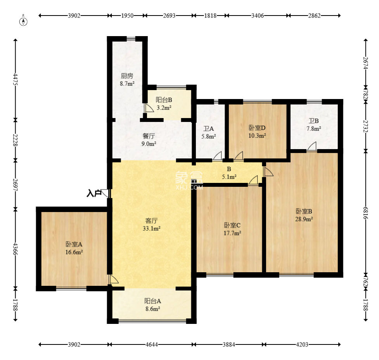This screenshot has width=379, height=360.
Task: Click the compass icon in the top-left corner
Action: click(x=23, y=21)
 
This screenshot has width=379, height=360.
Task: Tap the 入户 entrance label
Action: click(x=94, y=193)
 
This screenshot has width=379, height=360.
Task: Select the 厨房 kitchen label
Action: click(x=127, y=76)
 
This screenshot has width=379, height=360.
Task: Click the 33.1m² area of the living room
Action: click(x=152, y=228)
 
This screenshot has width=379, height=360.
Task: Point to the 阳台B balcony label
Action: click(x=164, y=100)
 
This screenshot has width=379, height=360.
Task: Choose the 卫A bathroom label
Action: click(x=208, y=129)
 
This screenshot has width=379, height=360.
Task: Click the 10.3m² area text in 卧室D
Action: click(x=257, y=136)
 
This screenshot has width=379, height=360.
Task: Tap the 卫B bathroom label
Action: click(x=313, y=121)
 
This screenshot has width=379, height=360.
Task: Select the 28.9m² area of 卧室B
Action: click(x=304, y=219)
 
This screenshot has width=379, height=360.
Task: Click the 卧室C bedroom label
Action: click(x=232, y=225)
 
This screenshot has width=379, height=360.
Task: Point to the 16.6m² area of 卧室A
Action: click(x=74, y=252)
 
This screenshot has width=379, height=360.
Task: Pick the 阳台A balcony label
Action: click(x=152, y=301)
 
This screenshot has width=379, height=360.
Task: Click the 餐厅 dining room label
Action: click(x=149, y=136)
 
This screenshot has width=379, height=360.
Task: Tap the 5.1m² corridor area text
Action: click(x=229, y=177)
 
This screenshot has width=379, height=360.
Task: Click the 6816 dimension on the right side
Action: click(x=365, y=213)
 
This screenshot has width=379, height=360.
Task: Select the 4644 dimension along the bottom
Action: click(x=152, y=344)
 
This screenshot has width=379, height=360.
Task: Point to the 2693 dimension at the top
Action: click(x=169, y=16)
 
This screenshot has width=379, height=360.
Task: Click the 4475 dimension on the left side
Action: click(x=16, y=79)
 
